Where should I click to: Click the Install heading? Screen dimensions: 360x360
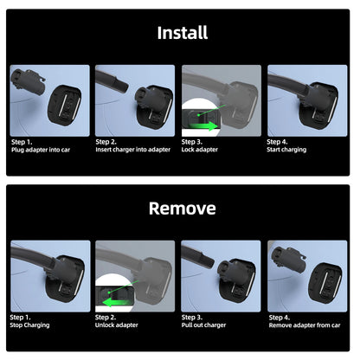click(x=182, y=33)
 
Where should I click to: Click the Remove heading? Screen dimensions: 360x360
click(x=182, y=209)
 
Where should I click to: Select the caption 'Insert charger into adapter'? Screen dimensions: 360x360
click(x=133, y=150)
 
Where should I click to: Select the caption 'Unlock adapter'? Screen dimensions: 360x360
click(x=119, y=325)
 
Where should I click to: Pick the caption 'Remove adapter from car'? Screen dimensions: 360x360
click(x=305, y=325)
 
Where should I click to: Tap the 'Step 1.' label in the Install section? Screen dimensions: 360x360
click(x=22, y=141)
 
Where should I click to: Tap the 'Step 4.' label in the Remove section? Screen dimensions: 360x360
click(x=279, y=317)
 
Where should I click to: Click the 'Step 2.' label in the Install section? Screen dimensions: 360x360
click(x=107, y=141)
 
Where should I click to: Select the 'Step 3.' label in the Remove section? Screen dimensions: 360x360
click(x=193, y=317)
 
